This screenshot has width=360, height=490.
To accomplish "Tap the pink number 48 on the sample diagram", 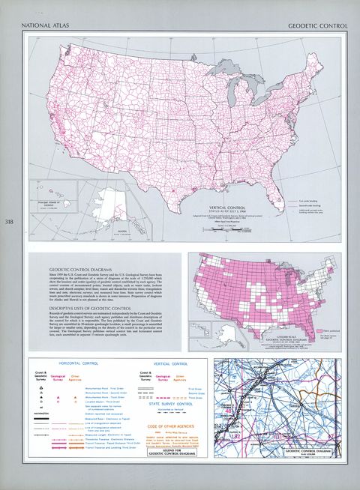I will coord(226,411).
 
